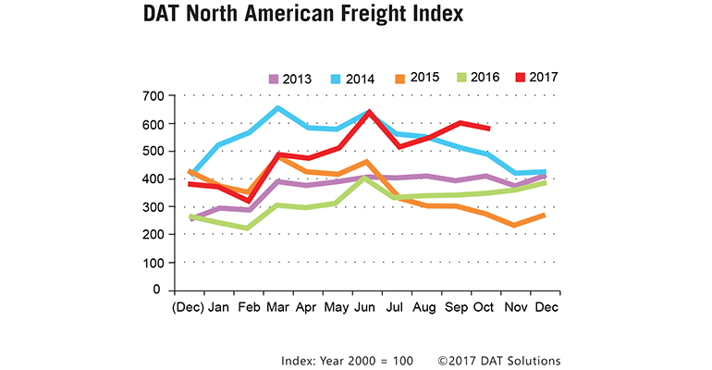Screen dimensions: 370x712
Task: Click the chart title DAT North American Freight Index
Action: [302, 16]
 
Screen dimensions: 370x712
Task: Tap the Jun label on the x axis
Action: [368, 307]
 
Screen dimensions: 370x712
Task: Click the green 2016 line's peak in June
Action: [368, 178]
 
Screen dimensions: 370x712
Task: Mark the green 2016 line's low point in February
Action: [249, 228]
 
